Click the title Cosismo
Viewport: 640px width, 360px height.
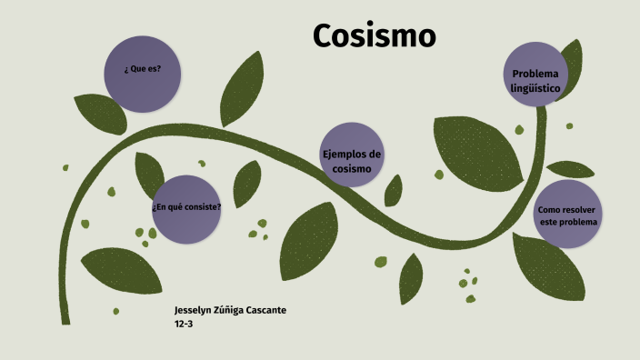[x=375, y=35]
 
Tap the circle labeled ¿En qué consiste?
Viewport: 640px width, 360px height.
[x=185, y=207]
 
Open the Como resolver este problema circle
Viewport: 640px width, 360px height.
[x=568, y=215]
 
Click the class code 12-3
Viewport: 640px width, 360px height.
[x=183, y=324]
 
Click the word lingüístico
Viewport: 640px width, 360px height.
[x=535, y=88]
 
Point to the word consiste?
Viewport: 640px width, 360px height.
[x=202, y=206]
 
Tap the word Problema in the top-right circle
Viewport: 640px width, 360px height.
[x=535, y=73]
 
